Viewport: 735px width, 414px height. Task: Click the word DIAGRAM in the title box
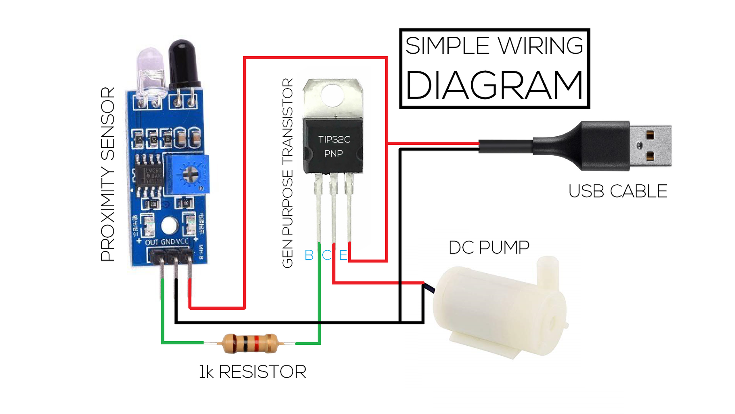coord(494,85)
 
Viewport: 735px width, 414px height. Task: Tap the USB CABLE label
coord(617,191)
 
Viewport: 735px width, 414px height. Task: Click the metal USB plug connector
coord(650,146)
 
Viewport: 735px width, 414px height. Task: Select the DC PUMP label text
coord(489,247)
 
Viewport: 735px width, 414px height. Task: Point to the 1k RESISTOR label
coord(252,372)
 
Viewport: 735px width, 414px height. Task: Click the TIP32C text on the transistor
coord(334,139)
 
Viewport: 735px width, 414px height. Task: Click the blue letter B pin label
coord(309,255)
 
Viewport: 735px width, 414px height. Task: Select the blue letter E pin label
coord(343,255)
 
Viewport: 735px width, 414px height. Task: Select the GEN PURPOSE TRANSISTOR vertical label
coord(287,173)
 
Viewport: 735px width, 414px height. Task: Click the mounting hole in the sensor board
coord(169,226)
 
